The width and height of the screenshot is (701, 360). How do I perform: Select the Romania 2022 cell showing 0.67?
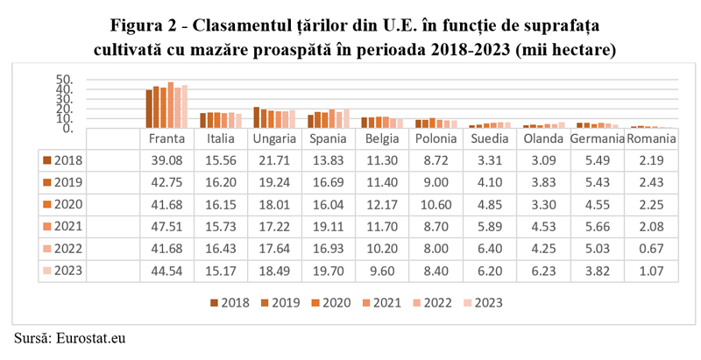coord(651,249)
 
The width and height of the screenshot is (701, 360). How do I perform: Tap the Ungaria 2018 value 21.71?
coord(274,160)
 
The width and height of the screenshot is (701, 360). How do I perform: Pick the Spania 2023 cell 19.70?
coord(329,270)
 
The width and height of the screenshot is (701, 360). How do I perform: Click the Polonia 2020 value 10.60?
coord(435,205)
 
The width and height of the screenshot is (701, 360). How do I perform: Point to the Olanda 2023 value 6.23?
coord(543,270)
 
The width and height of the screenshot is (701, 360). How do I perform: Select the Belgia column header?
coord(382,139)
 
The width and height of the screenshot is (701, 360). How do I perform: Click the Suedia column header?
coord(489,139)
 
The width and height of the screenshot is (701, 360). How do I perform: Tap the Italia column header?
coord(220,139)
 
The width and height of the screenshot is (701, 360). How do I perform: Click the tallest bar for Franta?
coord(171,106)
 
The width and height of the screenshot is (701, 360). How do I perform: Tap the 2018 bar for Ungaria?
coord(256,118)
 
